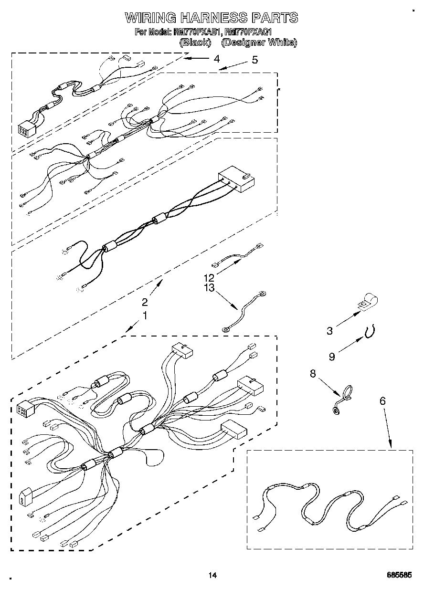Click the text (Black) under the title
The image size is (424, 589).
(195, 42)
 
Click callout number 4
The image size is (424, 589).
(217, 59)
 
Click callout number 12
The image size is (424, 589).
(209, 277)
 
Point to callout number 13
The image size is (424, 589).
(209, 288)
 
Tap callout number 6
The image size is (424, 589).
(382, 402)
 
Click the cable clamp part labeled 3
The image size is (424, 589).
(366, 303)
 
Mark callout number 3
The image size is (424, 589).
(329, 331)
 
